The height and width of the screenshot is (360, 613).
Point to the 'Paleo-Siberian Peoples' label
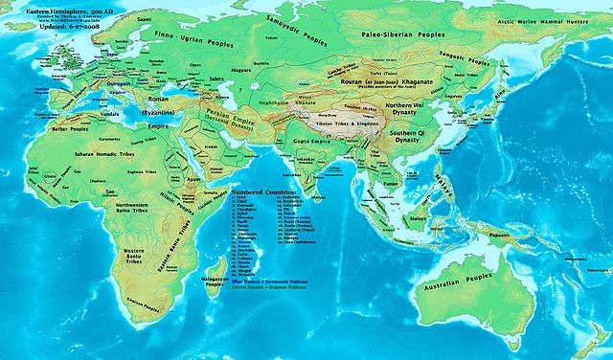tap(389, 40)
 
